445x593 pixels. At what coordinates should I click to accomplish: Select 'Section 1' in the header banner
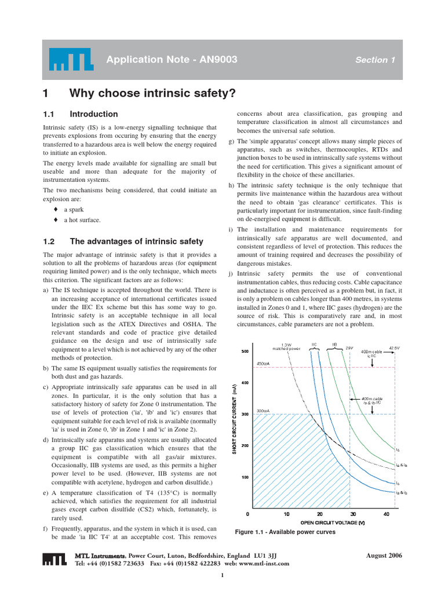375,60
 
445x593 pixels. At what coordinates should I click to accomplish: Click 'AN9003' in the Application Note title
214,60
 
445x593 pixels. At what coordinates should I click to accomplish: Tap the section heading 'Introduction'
93,114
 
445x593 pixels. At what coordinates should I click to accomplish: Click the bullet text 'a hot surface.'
82,220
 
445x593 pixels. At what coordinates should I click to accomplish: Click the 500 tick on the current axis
244,352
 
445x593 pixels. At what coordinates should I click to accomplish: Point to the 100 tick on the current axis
244,477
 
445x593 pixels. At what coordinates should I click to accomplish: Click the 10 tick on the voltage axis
286,514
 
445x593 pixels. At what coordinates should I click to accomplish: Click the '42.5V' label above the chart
394,347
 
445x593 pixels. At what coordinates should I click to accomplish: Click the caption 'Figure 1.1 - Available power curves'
284,532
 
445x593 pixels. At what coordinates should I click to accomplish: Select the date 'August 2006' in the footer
384,555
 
